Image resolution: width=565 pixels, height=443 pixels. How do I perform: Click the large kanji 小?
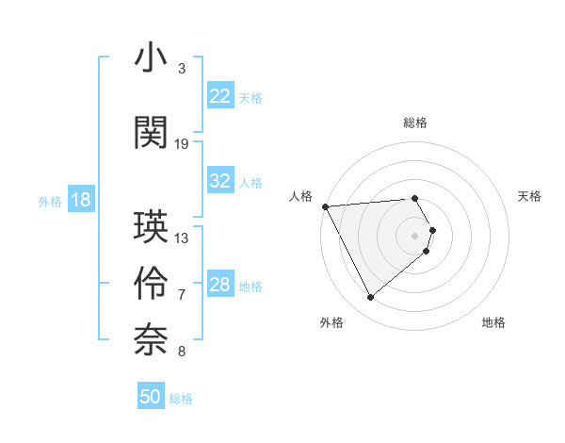pyautogui.click(x=151, y=59)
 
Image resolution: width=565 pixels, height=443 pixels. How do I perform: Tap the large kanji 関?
pyautogui.click(x=151, y=132)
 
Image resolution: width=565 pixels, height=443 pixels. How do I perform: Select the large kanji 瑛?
pyautogui.click(x=151, y=227)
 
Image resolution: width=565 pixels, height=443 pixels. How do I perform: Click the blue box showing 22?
pyautogui.click(x=220, y=96)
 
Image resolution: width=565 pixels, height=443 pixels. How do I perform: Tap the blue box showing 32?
pyautogui.click(x=220, y=181)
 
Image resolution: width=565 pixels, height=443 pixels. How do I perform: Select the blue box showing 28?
pyautogui.click(x=220, y=285)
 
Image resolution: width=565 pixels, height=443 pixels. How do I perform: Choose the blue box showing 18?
pyautogui.click(x=80, y=200)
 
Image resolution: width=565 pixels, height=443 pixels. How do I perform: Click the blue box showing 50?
pyautogui.click(x=151, y=397)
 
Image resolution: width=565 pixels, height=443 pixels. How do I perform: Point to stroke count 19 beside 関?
pyautogui.click(x=182, y=144)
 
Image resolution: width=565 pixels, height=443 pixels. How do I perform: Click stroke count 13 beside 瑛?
pyautogui.click(x=182, y=238)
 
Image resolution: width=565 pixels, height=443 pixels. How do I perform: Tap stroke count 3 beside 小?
pyautogui.click(x=182, y=69)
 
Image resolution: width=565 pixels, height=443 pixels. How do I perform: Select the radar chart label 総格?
pyautogui.click(x=415, y=123)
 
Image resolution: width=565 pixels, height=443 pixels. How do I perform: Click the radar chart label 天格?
pyautogui.click(x=529, y=196)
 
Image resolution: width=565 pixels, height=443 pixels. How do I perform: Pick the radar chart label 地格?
pyautogui.click(x=493, y=322)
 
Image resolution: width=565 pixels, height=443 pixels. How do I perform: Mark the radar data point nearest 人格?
pyautogui.click(x=325, y=206)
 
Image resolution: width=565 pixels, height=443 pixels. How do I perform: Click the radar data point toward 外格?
pyautogui.click(x=370, y=298)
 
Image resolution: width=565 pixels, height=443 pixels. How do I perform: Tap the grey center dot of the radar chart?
pyautogui.click(x=415, y=235)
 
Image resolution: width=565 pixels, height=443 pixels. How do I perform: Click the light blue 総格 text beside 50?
pyautogui.click(x=181, y=399)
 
